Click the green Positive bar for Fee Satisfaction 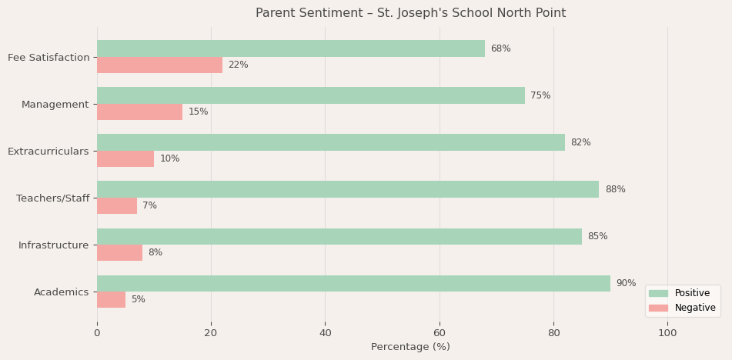[x=290, y=48]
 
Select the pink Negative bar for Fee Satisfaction [x=159, y=65]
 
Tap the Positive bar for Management [x=310, y=95]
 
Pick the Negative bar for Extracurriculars [x=125, y=158]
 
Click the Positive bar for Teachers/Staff [x=347, y=189]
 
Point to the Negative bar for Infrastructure [x=119, y=252]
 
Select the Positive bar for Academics [x=353, y=283]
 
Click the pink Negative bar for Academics [x=111, y=299]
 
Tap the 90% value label [x=626, y=283]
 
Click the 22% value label [x=238, y=65]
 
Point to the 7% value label [x=149, y=205]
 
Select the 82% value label [x=580, y=142]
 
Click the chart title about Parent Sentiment [x=410, y=13]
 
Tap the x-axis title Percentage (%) [x=410, y=347]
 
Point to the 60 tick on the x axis [x=440, y=333]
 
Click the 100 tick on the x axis [x=667, y=333]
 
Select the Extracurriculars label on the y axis [x=48, y=152]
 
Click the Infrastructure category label [x=54, y=245]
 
